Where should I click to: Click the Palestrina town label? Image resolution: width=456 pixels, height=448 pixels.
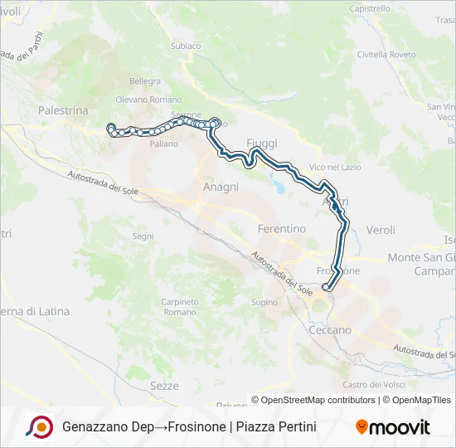(x=63, y=110)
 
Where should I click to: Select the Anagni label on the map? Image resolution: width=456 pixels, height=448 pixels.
(x=221, y=187)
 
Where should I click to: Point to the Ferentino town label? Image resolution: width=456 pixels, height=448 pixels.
(x=282, y=228)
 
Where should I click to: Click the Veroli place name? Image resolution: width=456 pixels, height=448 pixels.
(x=381, y=229)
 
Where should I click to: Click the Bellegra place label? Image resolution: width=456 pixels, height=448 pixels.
(x=145, y=81)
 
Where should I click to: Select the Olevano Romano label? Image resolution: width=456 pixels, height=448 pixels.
(x=148, y=100)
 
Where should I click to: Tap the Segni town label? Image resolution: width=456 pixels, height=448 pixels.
(x=143, y=236)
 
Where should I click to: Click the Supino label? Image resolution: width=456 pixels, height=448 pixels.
(x=264, y=302)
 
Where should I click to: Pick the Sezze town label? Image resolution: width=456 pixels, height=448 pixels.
(x=164, y=386)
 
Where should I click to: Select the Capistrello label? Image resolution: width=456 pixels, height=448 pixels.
(x=370, y=8)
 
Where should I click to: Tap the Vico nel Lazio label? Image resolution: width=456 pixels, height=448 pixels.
(x=335, y=168)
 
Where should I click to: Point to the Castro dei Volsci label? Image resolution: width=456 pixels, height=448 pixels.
(x=374, y=384)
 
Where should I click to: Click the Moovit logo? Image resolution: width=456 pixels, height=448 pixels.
(x=393, y=427)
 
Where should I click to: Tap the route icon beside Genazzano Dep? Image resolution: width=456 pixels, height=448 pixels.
(x=40, y=427)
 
